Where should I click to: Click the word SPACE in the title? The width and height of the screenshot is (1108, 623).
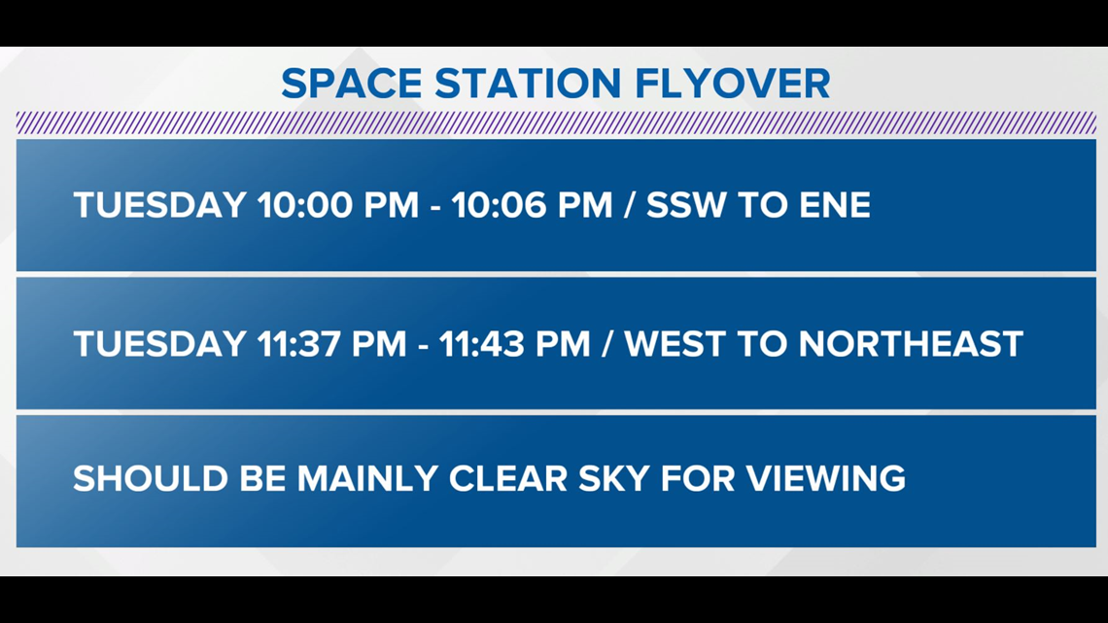click(351, 84)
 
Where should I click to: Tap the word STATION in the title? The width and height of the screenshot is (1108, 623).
click(528, 84)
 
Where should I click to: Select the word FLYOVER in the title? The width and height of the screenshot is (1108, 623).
click(733, 84)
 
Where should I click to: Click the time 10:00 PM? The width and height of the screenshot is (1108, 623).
click(338, 205)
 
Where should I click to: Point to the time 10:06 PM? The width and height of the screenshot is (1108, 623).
click(532, 205)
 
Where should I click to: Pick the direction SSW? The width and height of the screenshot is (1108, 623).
click(686, 205)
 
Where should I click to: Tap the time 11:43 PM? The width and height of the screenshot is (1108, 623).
click(514, 344)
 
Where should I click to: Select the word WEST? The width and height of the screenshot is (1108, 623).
click(675, 344)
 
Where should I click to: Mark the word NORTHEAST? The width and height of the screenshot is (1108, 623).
click(911, 344)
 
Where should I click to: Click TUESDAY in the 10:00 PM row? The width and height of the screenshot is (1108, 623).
click(159, 205)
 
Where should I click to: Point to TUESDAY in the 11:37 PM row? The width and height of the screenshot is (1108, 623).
click(159, 344)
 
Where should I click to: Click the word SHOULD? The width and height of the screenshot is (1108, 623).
click(151, 479)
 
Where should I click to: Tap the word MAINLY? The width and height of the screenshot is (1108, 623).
click(367, 479)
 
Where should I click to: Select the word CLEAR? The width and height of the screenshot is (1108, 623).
click(508, 479)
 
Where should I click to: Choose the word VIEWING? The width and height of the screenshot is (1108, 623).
click(826, 479)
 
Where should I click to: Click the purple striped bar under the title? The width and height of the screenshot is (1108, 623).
click(556, 122)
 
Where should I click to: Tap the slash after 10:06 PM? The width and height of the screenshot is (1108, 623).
click(630, 205)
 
